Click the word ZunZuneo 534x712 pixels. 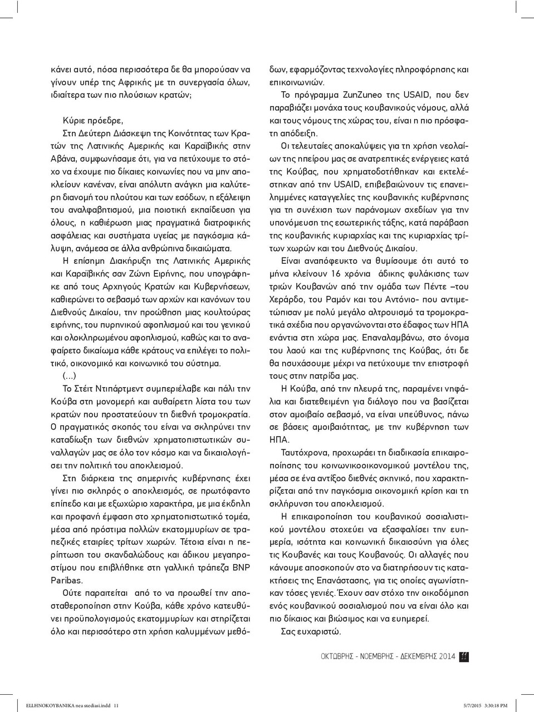tap(361, 95)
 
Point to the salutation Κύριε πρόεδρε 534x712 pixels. tap(94, 120)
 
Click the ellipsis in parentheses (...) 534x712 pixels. tap(70, 376)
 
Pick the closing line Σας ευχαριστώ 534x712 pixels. tap(311, 631)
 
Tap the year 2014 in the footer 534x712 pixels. tap(447, 657)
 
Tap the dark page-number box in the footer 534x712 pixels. tap(464, 657)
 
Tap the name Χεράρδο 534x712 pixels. tap(286, 299)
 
